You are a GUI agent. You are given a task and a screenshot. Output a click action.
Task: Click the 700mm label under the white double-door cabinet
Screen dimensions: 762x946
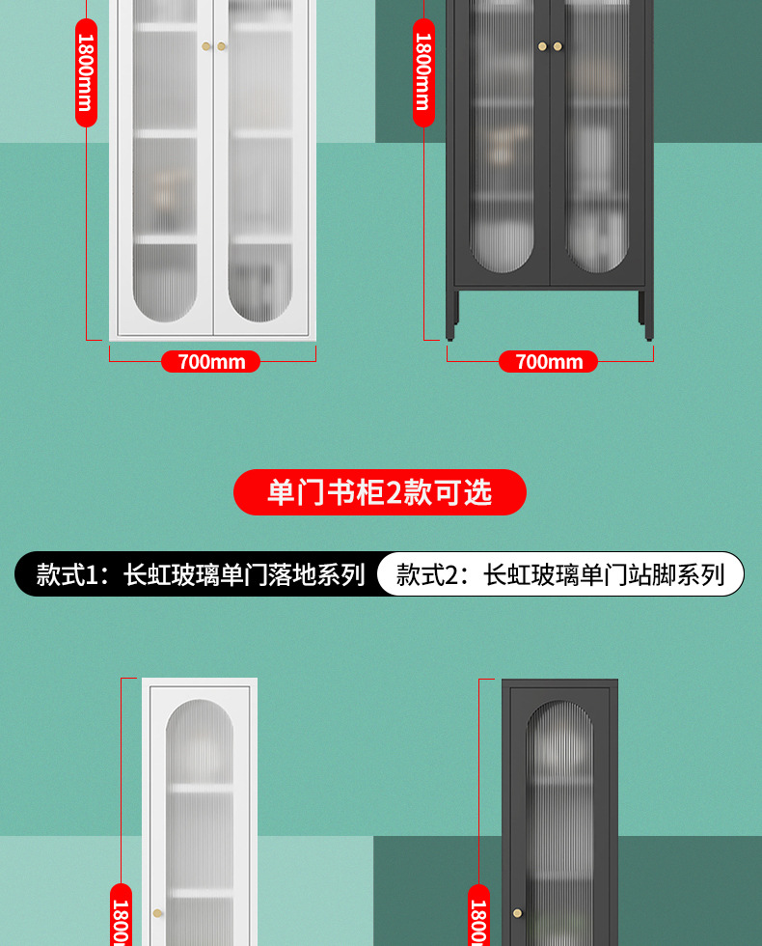pos(211,361)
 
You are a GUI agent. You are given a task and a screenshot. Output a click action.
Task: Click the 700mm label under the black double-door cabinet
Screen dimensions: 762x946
pos(548,361)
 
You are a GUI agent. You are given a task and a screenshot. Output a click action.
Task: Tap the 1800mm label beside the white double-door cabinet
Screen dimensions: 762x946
pos(86,72)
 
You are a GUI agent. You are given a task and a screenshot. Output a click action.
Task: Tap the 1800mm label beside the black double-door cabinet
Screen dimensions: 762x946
pos(423,72)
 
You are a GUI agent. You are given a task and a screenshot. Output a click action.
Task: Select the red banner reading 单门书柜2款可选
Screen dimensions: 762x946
pos(380,492)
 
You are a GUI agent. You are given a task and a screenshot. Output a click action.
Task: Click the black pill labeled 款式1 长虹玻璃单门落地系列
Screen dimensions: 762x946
pos(199,573)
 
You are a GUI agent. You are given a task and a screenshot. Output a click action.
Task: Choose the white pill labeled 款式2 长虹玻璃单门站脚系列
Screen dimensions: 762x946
pos(560,573)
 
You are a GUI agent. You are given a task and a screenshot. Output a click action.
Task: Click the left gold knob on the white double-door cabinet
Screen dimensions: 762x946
pos(206,46)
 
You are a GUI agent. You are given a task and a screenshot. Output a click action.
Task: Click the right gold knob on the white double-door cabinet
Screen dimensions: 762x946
pos(221,46)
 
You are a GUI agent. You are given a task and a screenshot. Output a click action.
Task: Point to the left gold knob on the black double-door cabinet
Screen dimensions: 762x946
pos(542,46)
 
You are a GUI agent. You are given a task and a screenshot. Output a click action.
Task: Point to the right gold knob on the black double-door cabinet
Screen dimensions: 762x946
pos(558,46)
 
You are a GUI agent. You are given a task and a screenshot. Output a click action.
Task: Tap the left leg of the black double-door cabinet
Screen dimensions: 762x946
pos(451,316)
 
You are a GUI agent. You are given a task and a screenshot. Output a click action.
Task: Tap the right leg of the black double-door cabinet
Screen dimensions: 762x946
pos(647,316)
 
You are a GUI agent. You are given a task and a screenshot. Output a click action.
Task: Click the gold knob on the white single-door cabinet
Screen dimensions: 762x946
pos(157,913)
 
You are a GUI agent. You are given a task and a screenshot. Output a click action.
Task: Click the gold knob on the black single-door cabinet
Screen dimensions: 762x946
pos(517,913)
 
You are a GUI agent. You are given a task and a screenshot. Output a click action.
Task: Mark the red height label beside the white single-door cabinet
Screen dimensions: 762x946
pos(122,915)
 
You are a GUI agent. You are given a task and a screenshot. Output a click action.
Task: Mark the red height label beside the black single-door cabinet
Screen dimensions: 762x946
pos(478,915)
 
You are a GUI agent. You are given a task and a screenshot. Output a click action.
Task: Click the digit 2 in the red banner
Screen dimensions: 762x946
pos(394,493)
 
